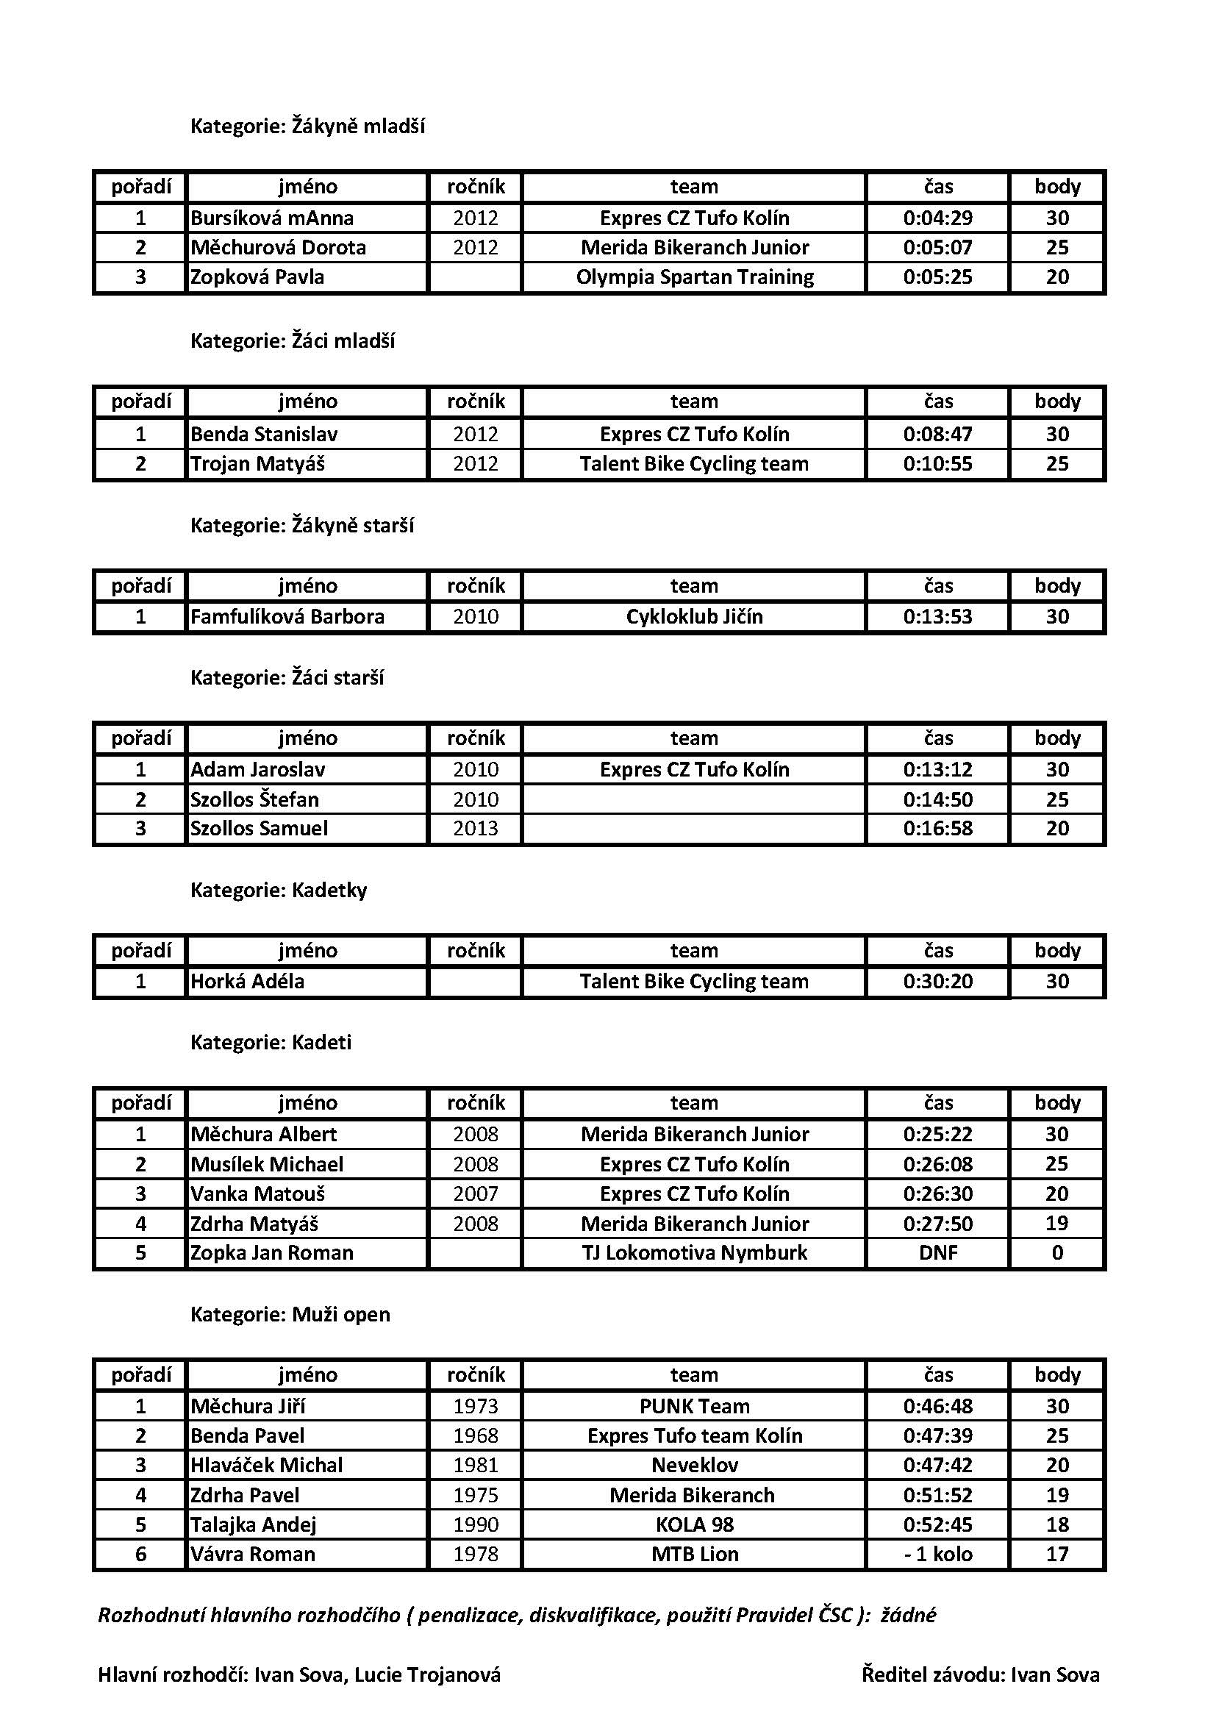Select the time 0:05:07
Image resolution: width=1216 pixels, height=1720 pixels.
point(937,247)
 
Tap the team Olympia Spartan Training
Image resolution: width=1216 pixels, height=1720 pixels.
point(694,277)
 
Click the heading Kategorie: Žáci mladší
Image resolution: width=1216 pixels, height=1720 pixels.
point(292,341)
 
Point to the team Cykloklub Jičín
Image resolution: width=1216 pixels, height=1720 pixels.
point(694,616)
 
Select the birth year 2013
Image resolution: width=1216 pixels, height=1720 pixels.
point(476,829)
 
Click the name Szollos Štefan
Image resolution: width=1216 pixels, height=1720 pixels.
point(254,799)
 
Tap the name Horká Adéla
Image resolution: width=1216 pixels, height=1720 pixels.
point(247,982)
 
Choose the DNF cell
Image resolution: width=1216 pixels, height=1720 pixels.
point(937,1252)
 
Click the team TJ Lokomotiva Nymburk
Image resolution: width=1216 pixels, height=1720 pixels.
point(694,1252)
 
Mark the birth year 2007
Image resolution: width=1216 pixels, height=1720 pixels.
point(476,1193)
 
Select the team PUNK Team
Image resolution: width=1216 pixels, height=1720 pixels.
point(694,1406)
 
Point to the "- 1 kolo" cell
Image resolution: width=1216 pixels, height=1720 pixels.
point(937,1554)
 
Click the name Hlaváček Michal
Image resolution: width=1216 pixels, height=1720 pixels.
point(266,1465)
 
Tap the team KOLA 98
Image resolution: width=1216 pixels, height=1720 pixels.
point(694,1524)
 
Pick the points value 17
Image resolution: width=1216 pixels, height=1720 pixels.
point(1056,1554)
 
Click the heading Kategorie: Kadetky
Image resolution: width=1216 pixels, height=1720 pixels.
point(279,890)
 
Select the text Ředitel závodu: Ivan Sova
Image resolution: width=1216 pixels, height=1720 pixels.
point(980,1675)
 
